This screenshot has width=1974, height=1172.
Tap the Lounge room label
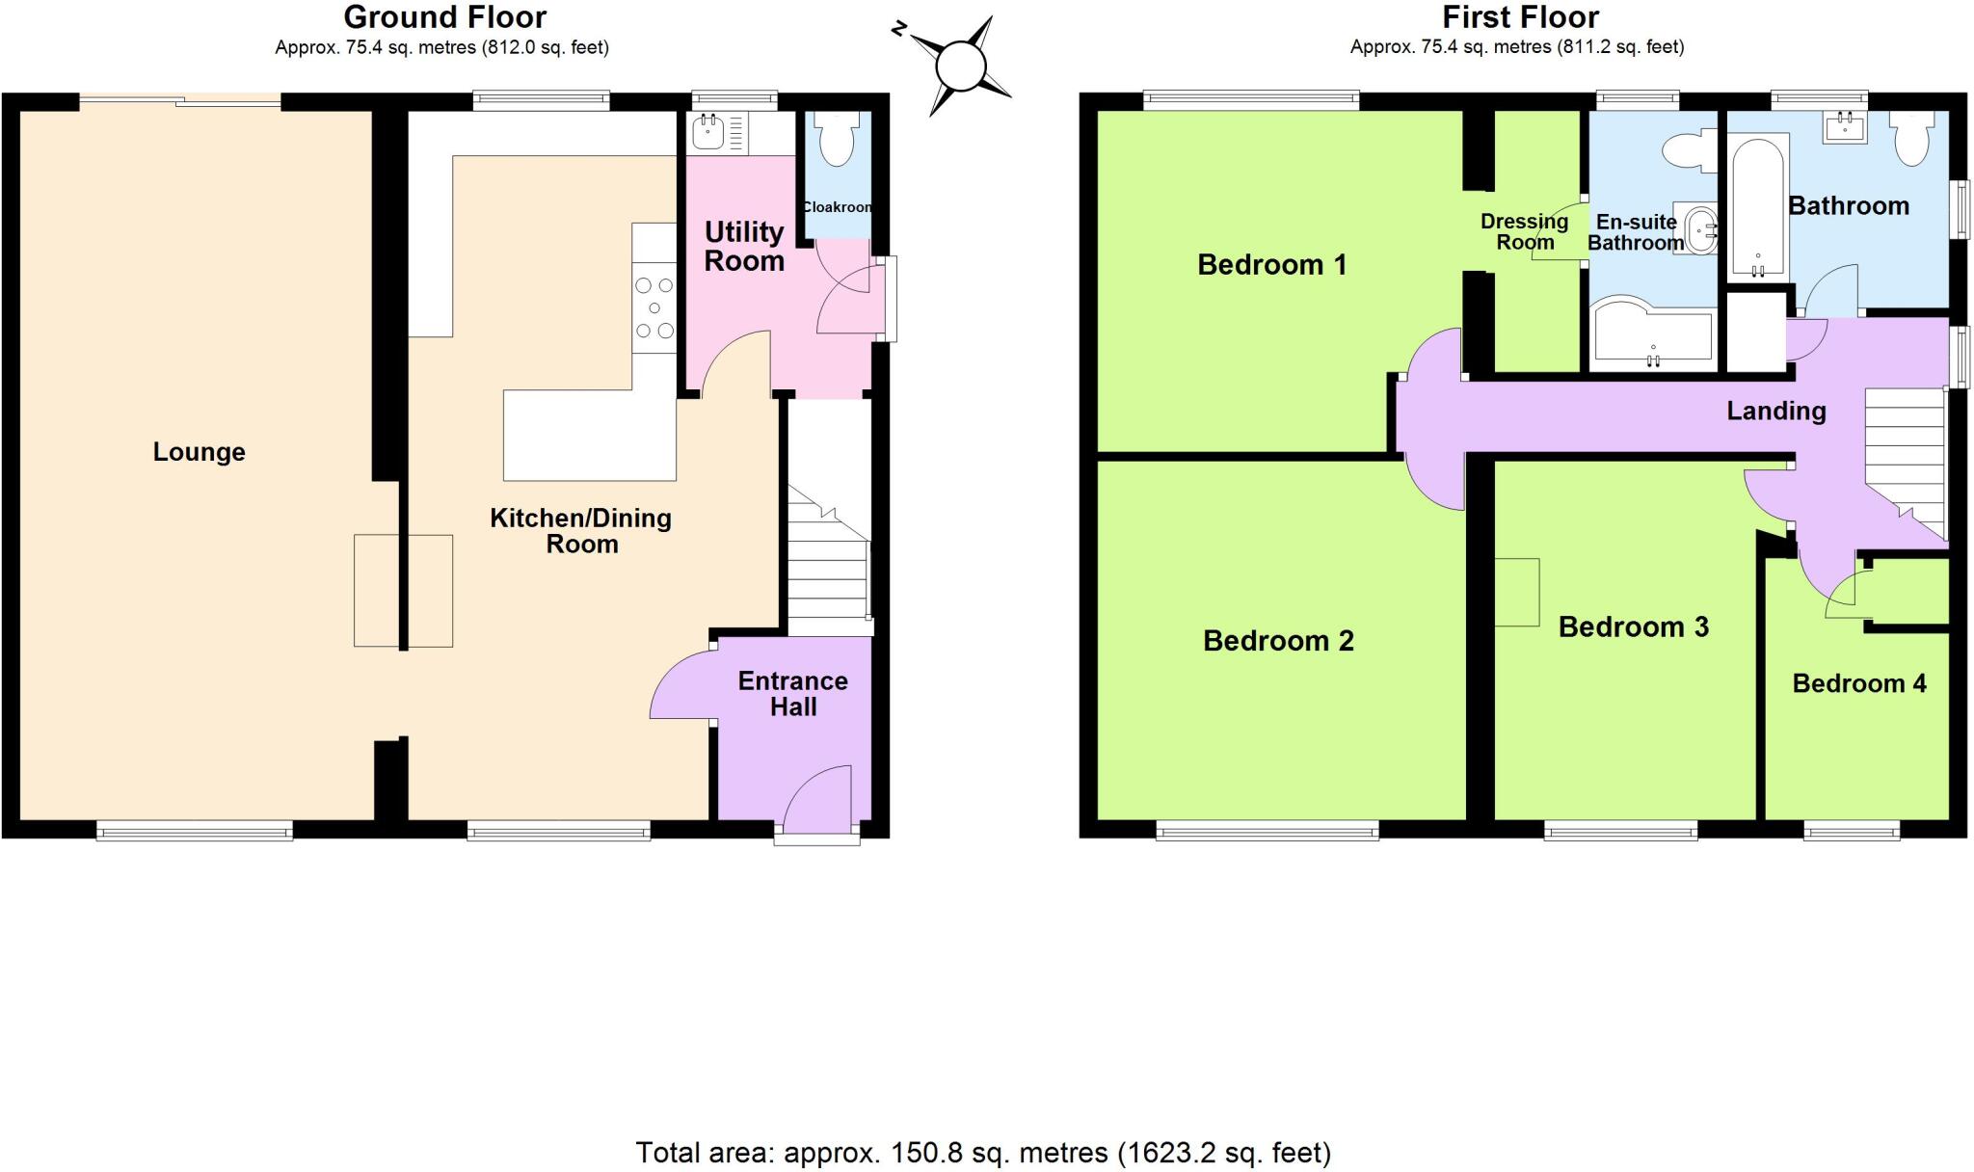199,452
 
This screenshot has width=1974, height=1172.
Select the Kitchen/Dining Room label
581,531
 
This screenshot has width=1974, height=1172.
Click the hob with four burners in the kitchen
654,308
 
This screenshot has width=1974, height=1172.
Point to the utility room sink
707,132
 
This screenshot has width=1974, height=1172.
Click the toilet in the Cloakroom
835,142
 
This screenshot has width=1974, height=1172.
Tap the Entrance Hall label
792,694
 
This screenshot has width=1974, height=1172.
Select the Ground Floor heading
444,17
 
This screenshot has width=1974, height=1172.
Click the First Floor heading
1520,17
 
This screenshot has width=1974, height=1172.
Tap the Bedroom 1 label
1271,265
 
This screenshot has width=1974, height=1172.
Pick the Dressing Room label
1524,232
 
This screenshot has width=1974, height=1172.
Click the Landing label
1775,412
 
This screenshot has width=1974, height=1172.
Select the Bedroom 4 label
1858,684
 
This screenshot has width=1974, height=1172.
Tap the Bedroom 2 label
1278,641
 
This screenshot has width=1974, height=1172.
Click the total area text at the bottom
982,1153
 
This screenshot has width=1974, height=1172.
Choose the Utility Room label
743,247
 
